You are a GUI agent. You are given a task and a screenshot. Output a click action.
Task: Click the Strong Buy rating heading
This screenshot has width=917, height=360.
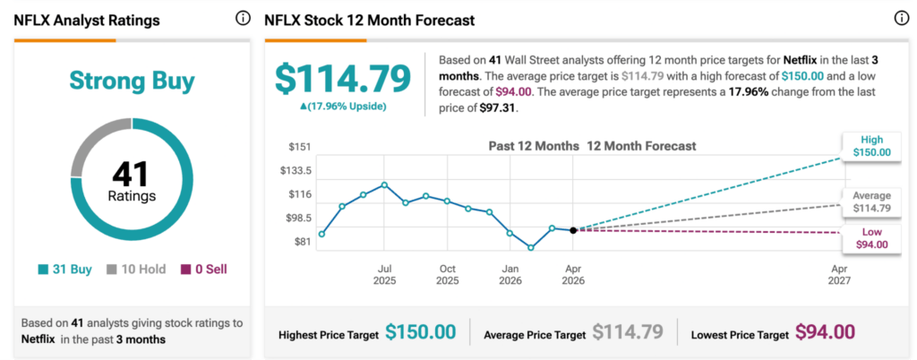point(132,81)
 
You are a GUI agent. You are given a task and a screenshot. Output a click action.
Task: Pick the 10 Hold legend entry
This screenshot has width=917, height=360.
point(135,269)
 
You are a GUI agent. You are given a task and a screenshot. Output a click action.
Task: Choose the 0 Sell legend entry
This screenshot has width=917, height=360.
point(202,269)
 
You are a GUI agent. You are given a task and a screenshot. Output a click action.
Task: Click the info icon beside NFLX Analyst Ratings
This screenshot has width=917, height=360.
point(243,19)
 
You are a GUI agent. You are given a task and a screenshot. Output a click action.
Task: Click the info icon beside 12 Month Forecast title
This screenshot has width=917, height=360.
point(901,19)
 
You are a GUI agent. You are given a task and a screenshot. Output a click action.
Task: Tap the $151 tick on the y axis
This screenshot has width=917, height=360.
point(299,147)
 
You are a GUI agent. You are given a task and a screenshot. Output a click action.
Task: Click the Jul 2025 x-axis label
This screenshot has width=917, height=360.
point(385,274)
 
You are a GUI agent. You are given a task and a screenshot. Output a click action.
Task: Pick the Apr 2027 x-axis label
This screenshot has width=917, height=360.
point(839,274)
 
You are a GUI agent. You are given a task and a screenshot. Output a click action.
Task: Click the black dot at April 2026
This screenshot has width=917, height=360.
point(573,230)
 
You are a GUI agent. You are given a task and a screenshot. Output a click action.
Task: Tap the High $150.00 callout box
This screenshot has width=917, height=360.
point(871,147)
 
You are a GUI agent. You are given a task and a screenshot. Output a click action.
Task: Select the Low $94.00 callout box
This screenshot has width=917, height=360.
point(871,238)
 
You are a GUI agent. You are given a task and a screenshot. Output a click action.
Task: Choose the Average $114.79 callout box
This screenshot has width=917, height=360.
point(871,201)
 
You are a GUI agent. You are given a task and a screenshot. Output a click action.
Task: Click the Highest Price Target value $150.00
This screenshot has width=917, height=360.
point(421,332)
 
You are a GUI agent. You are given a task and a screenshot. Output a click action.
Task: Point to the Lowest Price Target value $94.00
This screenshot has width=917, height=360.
point(825,332)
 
